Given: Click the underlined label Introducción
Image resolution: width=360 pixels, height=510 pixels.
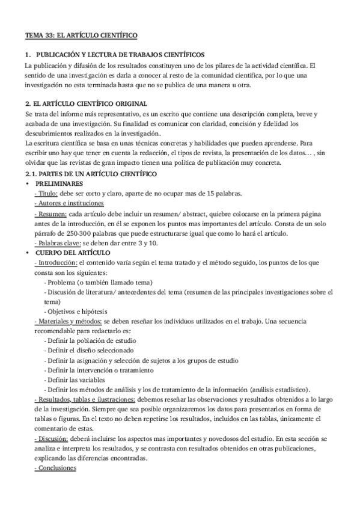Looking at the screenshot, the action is click(x=57, y=263).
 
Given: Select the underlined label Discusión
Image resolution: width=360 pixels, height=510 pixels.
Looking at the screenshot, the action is click(x=52, y=438).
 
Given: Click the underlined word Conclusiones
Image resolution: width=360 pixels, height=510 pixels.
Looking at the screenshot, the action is click(x=56, y=469).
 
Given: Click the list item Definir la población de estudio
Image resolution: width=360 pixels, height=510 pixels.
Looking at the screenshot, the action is click(x=91, y=340).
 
